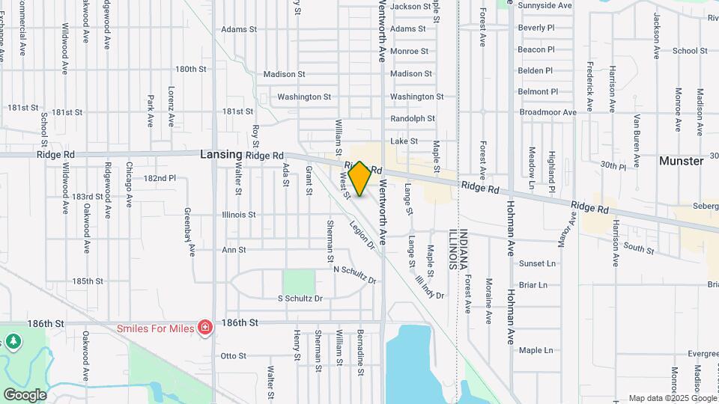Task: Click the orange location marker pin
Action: (359, 178)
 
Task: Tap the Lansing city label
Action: (221, 155)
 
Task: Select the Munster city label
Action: (681, 161)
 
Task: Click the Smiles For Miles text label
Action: (154, 328)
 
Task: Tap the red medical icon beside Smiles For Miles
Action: (204, 328)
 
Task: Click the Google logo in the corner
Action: (24, 394)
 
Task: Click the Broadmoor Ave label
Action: (547, 112)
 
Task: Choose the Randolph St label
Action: (412, 118)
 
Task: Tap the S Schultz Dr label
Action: (300, 299)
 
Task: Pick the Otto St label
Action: (234, 355)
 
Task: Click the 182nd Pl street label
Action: (160, 179)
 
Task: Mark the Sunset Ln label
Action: (538, 263)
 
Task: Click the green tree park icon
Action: (13, 342)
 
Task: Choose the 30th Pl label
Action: (612, 165)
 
